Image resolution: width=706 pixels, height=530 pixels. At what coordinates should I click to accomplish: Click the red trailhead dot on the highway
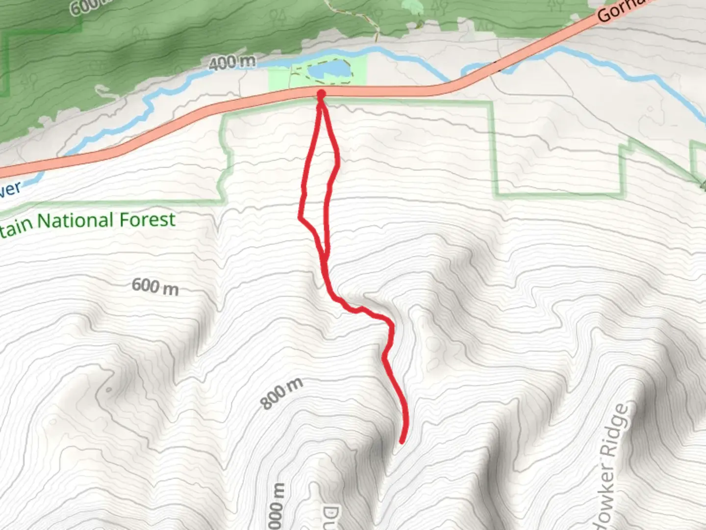[x=321, y=94]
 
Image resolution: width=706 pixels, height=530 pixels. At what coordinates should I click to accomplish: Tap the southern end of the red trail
[x=402, y=442]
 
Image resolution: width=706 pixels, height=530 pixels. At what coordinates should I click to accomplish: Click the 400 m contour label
[x=232, y=62]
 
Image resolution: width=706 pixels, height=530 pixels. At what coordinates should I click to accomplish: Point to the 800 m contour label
[x=281, y=394]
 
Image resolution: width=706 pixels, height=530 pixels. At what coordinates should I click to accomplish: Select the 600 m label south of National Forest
[x=155, y=286]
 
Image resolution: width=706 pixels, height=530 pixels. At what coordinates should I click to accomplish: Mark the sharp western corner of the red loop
[x=300, y=216]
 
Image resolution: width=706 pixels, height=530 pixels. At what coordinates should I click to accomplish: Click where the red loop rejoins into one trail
[x=324, y=258]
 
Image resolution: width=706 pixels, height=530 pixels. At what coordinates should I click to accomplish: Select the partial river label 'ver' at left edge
[x=10, y=189]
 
